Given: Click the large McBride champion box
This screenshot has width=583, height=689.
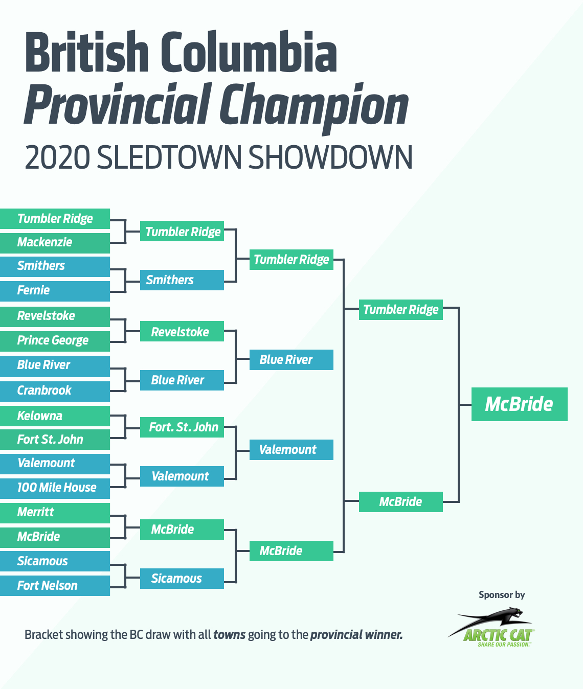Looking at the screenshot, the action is (519, 404).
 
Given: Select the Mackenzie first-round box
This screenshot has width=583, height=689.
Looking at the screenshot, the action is (55, 243).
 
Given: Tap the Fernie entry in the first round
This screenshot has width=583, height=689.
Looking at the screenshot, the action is (55, 291).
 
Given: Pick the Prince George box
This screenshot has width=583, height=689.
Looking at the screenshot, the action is (55, 341).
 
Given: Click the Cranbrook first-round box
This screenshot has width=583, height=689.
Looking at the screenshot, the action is (55, 392).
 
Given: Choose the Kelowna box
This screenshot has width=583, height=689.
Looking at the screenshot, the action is (55, 416).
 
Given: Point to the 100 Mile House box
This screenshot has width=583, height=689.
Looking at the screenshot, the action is (55, 488).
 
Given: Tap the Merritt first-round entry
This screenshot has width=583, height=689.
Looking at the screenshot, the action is (55, 513).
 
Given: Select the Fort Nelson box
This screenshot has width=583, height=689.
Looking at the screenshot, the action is (55, 586).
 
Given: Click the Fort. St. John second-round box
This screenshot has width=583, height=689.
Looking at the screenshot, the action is (182, 427).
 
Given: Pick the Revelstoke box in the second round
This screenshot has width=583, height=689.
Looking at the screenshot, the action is (182, 331).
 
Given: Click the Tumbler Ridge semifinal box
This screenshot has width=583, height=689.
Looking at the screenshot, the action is (400, 310).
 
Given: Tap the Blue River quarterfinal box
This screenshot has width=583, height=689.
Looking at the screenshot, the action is (291, 360).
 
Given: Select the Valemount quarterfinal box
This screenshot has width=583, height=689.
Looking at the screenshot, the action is (291, 450).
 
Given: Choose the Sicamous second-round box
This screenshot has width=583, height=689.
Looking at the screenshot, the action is (182, 578).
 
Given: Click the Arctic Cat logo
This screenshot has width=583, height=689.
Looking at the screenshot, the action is (491, 628).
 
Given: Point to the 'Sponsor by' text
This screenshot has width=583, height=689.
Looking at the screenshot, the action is (502, 595).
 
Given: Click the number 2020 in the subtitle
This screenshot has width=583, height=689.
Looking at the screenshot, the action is (57, 157).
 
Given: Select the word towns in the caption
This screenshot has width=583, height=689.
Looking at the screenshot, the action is (229, 635).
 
